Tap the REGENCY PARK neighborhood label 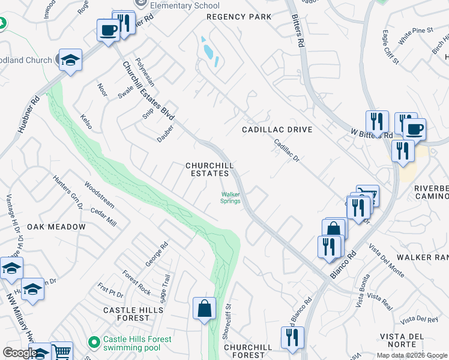(x=239, y=17)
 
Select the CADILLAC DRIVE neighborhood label (x=277, y=130)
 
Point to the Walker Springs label (x=231, y=197)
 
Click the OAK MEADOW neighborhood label (x=56, y=227)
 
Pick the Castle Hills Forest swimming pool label (x=137, y=343)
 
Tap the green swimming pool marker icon (x=94, y=343)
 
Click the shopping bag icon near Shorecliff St (x=204, y=308)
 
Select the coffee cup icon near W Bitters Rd (x=414, y=128)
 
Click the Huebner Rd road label (x=28, y=114)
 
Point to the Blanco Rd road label (x=343, y=264)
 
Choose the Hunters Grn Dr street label (x=67, y=192)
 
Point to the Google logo (x=19, y=353)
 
